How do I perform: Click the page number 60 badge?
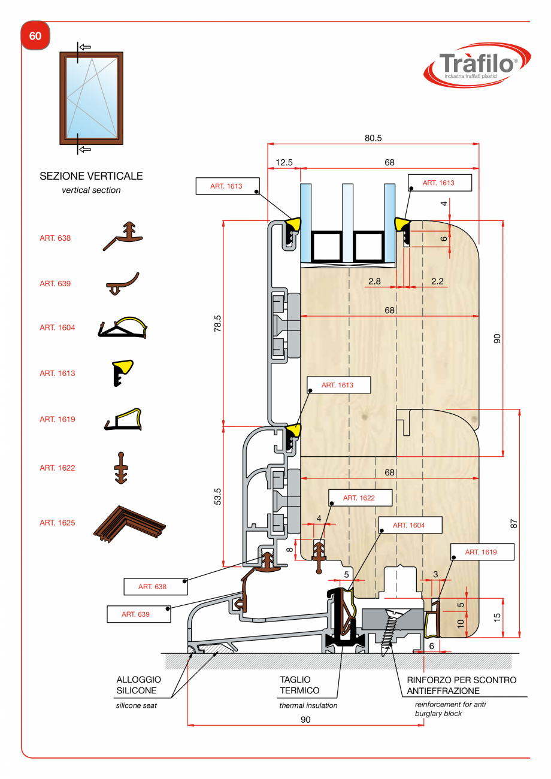[x=35, y=36]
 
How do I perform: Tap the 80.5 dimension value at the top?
[x=373, y=138]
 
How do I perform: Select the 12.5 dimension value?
[x=284, y=162]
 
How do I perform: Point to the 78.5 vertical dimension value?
[x=218, y=323]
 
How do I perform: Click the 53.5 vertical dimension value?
[x=218, y=496]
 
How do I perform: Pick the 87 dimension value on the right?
[x=513, y=523]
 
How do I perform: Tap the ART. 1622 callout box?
[x=359, y=498]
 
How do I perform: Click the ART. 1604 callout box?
[x=409, y=525]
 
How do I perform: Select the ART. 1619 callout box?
[x=481, y=552]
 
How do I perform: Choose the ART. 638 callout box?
[x=153, y=587]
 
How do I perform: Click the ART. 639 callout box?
[x=136, y=614]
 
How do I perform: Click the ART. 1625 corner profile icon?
[x=130, y=523]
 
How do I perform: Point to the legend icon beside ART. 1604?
[x=123, y=328]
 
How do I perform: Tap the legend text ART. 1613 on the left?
[x=57, y=373]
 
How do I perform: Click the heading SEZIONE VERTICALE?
[x=91, y=176]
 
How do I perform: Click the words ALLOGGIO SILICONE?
[x=138, y=685]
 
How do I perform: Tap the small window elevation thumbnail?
[x=91, y=98]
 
